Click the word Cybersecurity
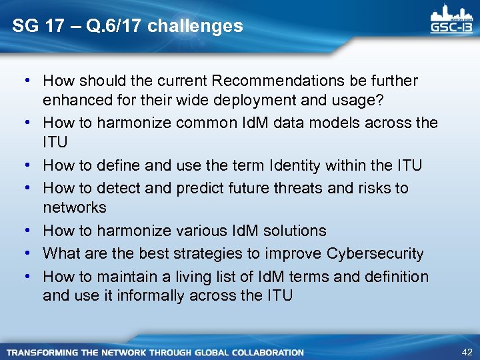pyautogui.click(x=375, y=253)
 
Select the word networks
pyautogui.click(x=74, y=207)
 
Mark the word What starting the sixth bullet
pyautogui.click(x=60, y=253)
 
